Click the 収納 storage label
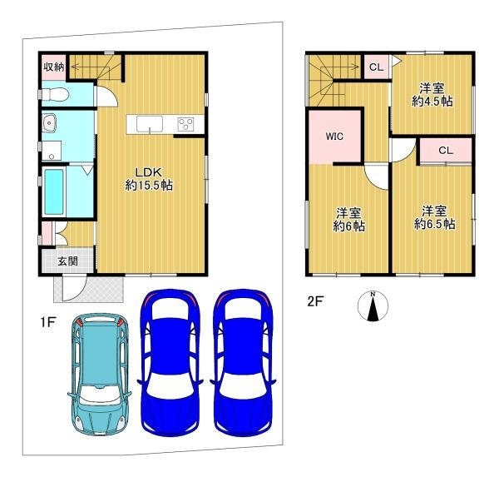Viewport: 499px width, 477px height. click(x=54, y=67)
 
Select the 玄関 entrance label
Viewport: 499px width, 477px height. click(x=67, y=261)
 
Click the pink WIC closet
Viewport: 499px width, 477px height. click(x=335, y=137)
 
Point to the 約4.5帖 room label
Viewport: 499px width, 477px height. click(x=434, y=94)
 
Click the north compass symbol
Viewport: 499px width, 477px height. click(x=373, y=306)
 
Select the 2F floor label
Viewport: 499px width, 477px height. click(x=315, y=302)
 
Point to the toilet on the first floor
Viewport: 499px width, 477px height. click(x=54, y=94)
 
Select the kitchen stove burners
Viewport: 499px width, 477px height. click(x=185, y=125)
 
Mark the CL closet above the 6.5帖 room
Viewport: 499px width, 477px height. click(x=445, y=151)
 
